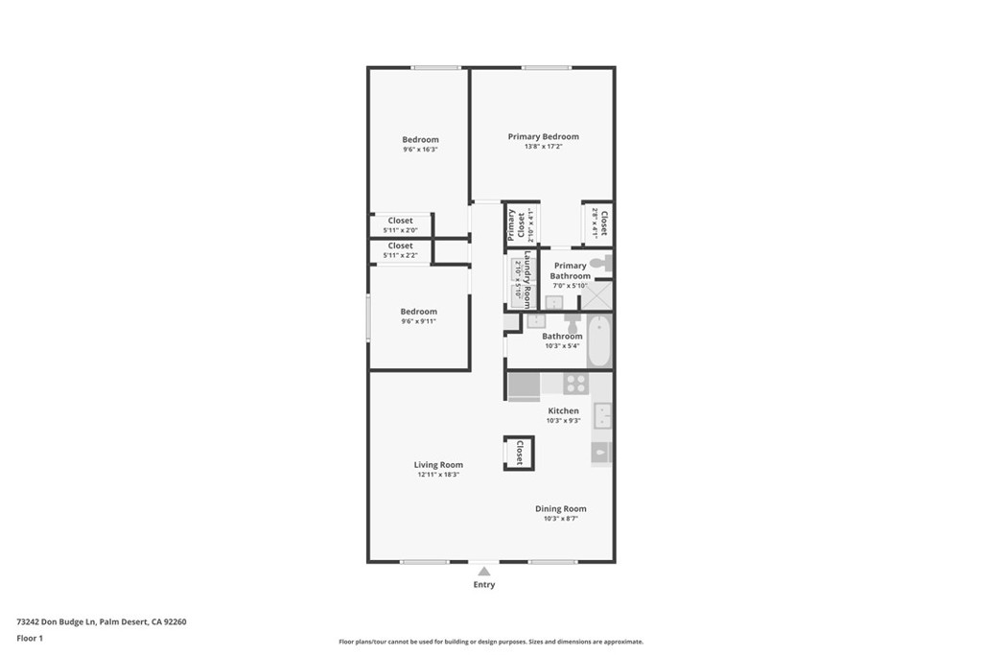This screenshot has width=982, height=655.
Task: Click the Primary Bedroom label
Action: [543, 137]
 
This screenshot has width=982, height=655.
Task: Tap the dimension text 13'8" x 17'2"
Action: [543, 147]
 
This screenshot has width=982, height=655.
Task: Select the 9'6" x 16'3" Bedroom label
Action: [420, 140]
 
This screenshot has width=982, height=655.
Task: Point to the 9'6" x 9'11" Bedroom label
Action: [418, 312]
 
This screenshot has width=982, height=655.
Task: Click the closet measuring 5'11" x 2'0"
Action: [400, 225]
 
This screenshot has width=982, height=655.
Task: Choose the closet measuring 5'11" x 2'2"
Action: [400, 250]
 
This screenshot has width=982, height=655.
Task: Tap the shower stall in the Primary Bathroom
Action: [597, 295]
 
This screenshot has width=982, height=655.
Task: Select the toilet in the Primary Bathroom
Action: [599, 263]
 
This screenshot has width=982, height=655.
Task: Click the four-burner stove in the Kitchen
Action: [575, 384]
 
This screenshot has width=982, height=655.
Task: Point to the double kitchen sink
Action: [602, 415]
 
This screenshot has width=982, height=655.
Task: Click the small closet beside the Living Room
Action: [519, 453]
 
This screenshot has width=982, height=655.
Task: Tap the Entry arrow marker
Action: [484, 572]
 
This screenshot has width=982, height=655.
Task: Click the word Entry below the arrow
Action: [484, 585]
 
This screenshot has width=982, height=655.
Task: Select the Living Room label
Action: [438, 465]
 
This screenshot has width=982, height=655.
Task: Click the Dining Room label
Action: [560, 509]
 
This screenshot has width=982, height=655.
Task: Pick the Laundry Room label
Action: [526, 278]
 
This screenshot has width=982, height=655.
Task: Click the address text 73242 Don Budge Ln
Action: [57, 621]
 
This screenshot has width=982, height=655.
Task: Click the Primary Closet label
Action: [517, 225]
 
